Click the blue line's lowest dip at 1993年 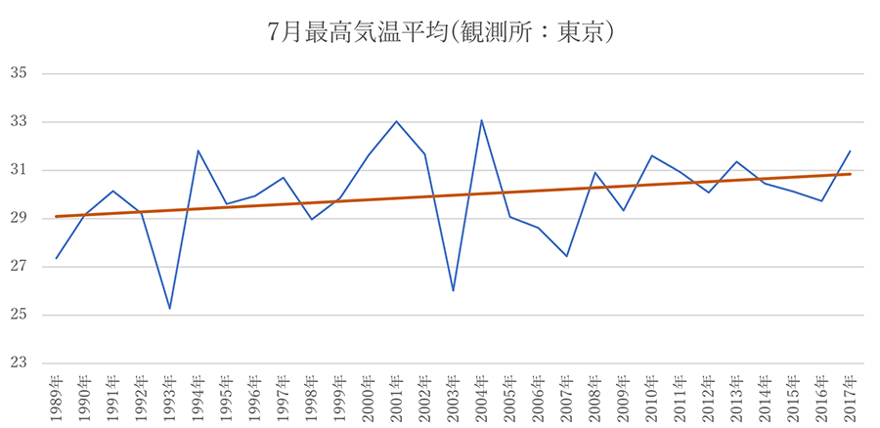170,309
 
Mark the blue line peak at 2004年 481,120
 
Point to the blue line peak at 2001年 396,121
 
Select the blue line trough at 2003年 453,291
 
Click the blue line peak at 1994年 198,150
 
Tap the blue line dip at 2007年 566,256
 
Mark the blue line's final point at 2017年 850,150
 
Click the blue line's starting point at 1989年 57,258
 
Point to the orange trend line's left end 57,216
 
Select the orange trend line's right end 850,174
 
